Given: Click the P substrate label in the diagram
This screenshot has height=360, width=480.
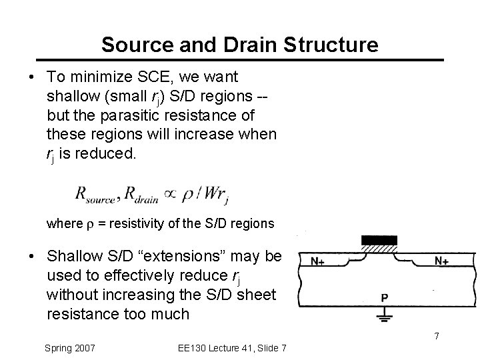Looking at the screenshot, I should [x=385, y=297].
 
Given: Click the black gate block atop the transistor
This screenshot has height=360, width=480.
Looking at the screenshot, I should [x=378, y=240].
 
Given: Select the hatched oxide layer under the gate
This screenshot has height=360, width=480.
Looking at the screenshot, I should [x=378, y=249].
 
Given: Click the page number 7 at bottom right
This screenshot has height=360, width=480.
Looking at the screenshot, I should [x=437, y=335].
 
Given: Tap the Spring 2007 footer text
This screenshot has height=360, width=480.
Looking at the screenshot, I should [x=70, y=347].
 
